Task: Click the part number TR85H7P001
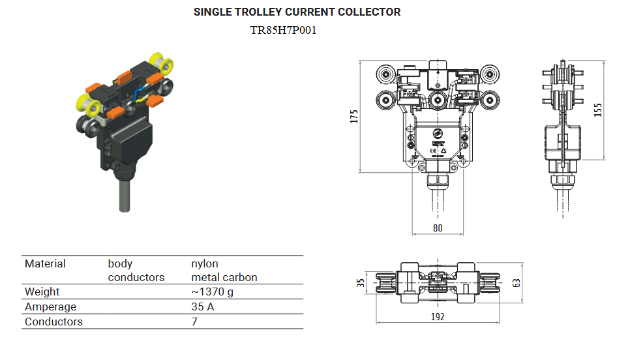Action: pyautogui.click(x=283, y=30)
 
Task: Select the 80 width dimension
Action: pyautogui.click(x=438, y=228)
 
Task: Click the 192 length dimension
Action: pyautogui.click(x=438, y=316)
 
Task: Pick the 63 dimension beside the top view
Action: pyautogui.click(x=517, y=282)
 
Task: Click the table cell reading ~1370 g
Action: pyautogui.click(x=212, y=292)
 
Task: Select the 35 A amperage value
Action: pyautogui.click(x=202, y=307)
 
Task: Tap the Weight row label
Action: pyautogui.click(x=42, y=292)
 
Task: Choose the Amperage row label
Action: pyautogui.click(x=50, y=307)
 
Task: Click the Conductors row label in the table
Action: pyautogui.click(x=53, y=322)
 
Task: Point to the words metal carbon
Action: pyautogui.click(x=224, y=277)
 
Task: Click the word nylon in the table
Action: pyautogui.click(x=204, y=263)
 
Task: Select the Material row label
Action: pyautogui.click(x=45, y=263)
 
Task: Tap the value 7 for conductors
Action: pyautogui.click(x=194, y=322)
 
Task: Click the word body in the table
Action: pyautogui.click(x=120, y=263)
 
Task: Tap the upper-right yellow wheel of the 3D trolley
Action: pyautogui.click(x=160, y=63)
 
